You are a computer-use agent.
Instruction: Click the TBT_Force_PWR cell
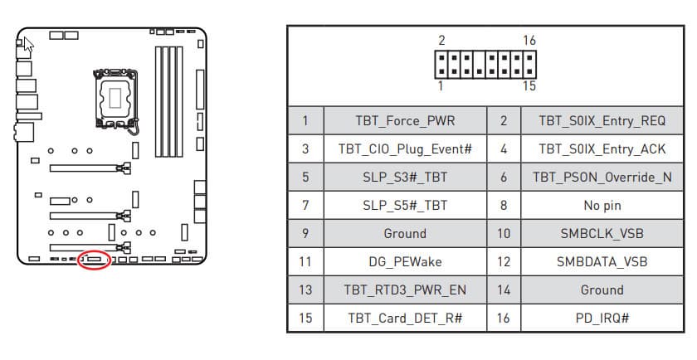(x=405, y=121)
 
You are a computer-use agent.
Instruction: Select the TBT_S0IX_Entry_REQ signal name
(x=602, y=121)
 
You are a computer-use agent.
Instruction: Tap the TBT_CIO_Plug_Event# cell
(x=405, y=149)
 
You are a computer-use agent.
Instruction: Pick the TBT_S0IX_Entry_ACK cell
(x=602, y=149)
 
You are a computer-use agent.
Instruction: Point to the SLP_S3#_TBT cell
(x=405, y=178)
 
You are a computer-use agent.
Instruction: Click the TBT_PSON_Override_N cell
(x=602, y=178)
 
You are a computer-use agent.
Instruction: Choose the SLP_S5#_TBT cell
(x=405, y=206)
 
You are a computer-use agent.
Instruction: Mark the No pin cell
(x=602, y=206)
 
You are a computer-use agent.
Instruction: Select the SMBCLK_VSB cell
(x=602, y=234)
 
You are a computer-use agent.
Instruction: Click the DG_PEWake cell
(x=405, y=262)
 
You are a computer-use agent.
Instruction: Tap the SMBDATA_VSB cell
(x=602, y=262)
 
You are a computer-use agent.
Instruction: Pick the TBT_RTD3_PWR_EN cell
(x=405, y=290)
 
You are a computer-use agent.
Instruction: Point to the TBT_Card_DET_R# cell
(x=405, y=319)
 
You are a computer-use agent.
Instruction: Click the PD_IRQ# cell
(x=602, y=319)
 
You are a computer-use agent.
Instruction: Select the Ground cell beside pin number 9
(x=405, y=234)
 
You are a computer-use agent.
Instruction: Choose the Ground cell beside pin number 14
(x=602, y=290)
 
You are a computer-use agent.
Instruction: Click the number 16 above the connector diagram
(x=529, y=41)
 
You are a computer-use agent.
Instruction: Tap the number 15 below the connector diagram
(x=529, y=86)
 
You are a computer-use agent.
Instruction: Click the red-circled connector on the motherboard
(x=94, y=260)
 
